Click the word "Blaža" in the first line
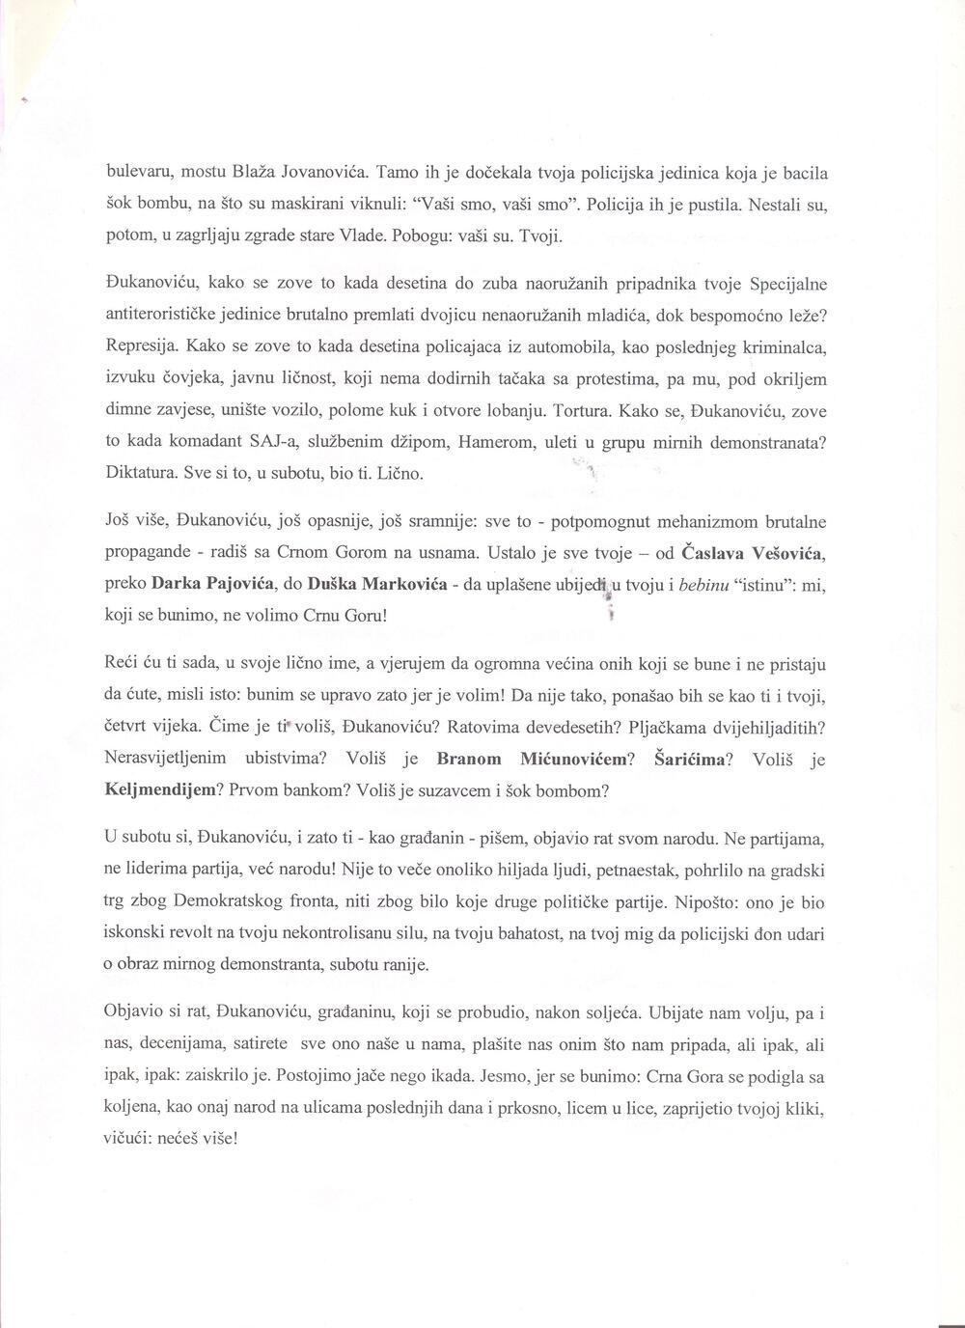(254, 175)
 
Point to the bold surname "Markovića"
(399, 585)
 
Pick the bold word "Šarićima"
(697, 760)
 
